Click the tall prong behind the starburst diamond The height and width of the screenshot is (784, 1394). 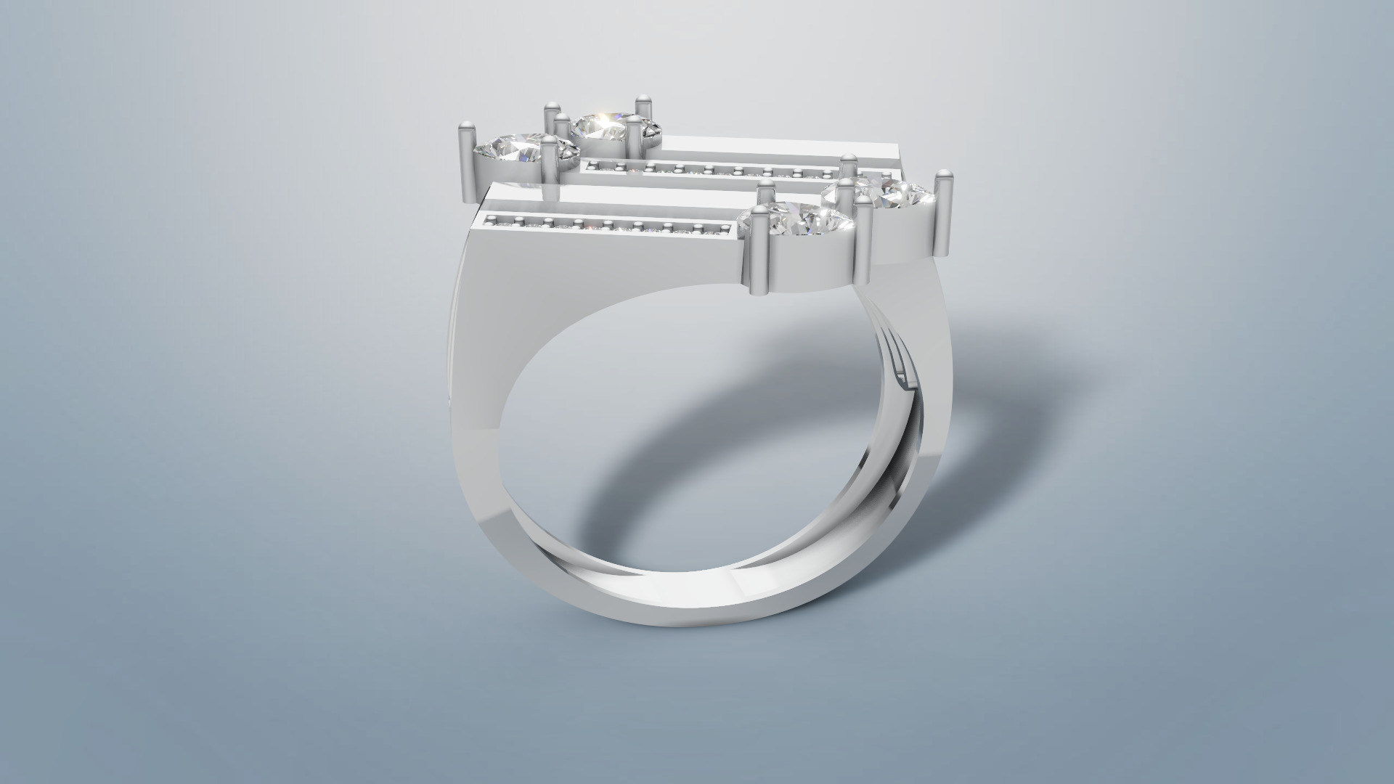pyautogui.click(x=642, y=109)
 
